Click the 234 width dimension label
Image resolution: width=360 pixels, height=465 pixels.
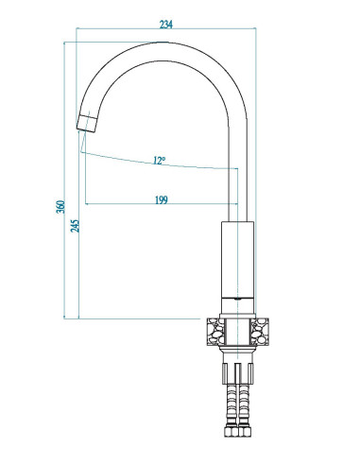[x=166, y=25]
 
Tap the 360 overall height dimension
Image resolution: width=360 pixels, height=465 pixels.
[x=60, y=207]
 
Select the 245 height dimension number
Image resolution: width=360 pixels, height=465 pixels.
[x=75, y=226]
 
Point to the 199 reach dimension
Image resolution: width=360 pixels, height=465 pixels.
[x=162, y=199]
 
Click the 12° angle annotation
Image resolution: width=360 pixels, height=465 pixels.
[x=160, y=161]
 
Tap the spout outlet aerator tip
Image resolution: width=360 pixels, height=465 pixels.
[x=87, y=124]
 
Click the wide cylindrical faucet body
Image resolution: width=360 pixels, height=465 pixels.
[x=237, y=260]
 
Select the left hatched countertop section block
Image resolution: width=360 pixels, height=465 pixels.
[x=215, y=332]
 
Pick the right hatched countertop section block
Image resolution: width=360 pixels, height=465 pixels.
[x=260, y=332]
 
